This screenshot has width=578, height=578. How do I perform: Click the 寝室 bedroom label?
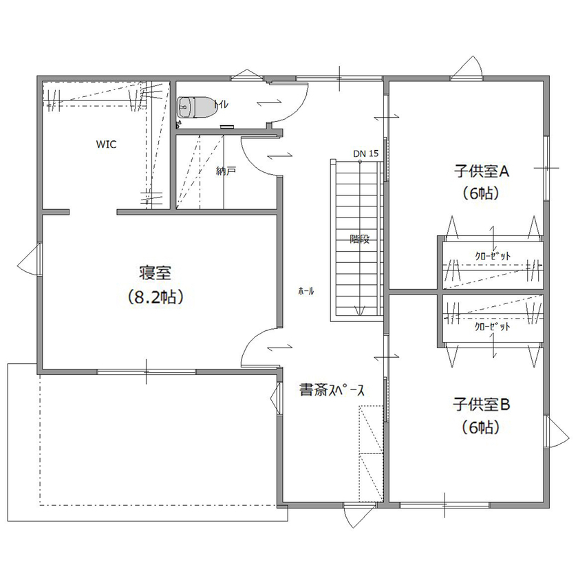[x=154, y=273]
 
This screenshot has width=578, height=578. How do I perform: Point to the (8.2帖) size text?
[x=154, y=297]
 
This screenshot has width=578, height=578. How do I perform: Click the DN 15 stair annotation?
[x=365, y=153]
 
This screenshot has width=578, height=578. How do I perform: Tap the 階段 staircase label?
[x=359, y=239]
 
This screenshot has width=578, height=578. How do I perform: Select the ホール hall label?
[x=306, y=291]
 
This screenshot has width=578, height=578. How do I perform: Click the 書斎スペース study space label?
[x=331, y=390]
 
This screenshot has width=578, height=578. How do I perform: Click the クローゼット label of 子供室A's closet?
[x=493, y=255]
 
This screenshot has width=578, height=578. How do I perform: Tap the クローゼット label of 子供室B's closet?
[x=493, y=328]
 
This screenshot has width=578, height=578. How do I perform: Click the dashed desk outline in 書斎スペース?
[x=370, y=454]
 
